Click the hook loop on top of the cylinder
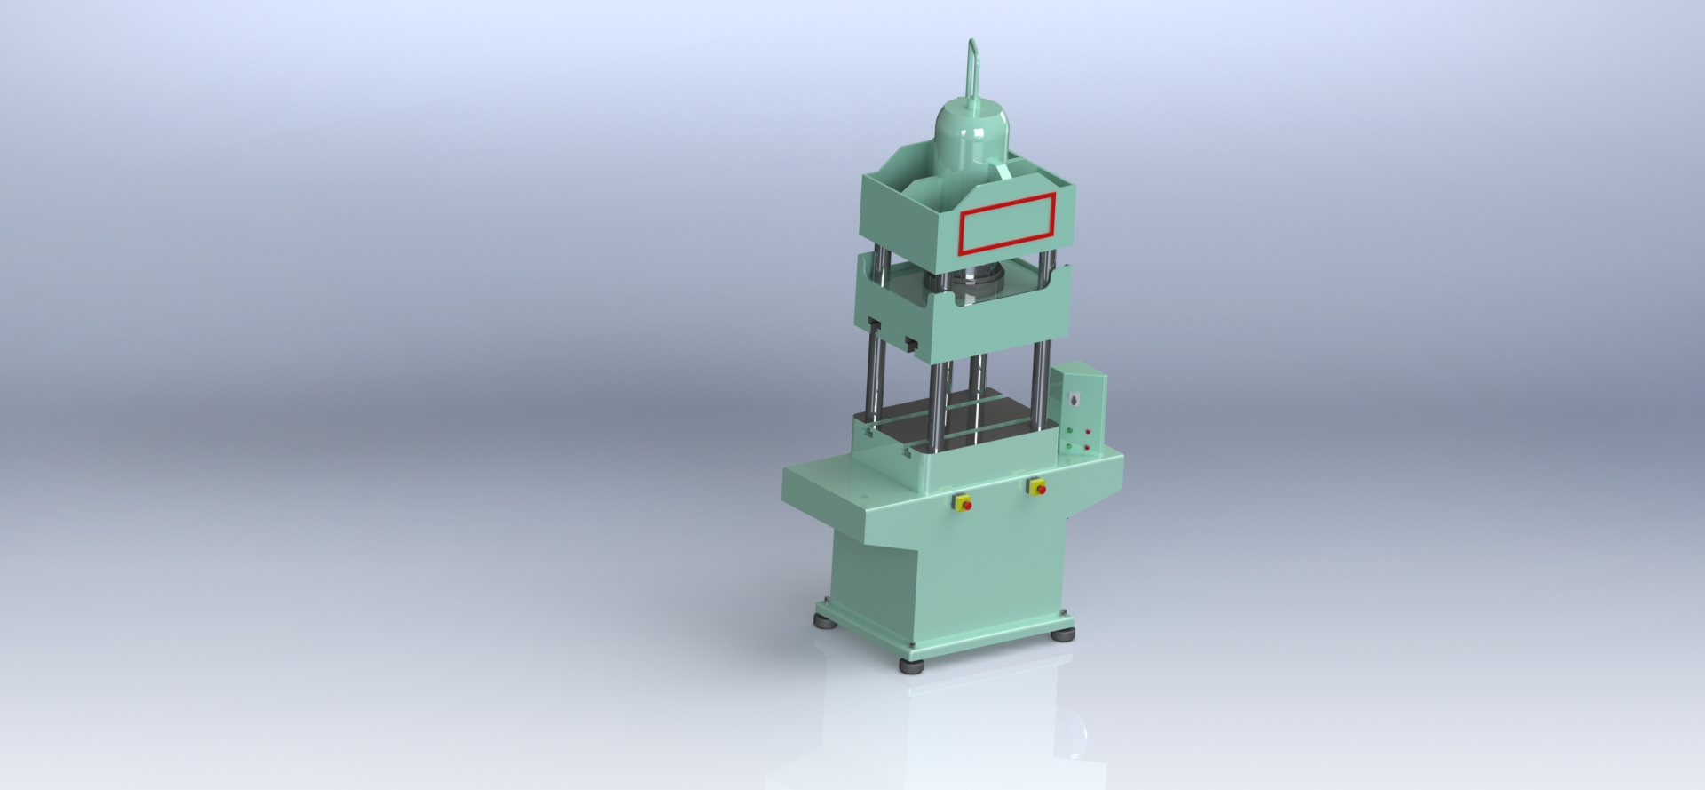(972, 67)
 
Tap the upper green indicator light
(1071, 430)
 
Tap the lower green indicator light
(1071, 445)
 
